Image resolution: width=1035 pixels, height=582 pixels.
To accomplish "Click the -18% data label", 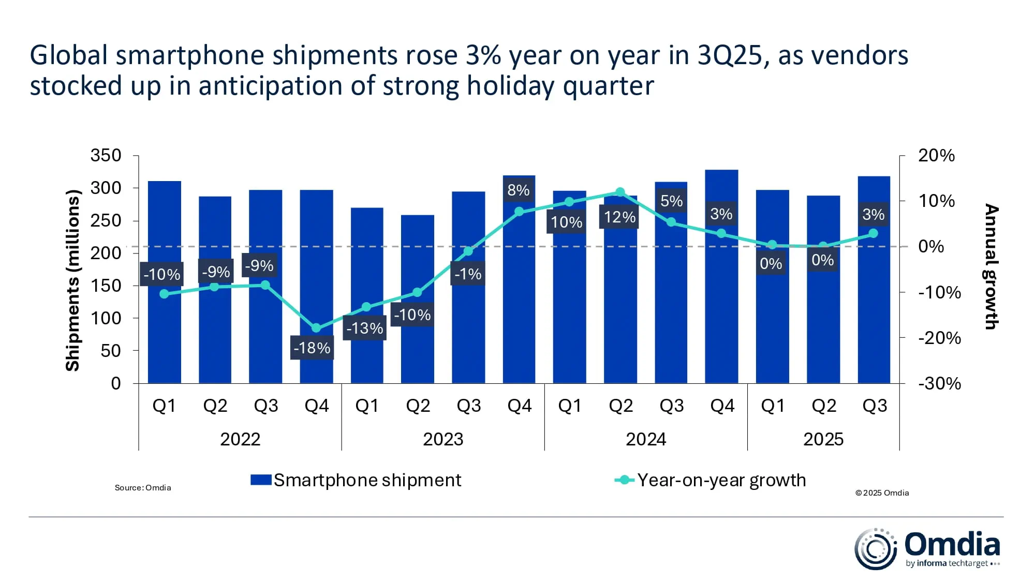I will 312,348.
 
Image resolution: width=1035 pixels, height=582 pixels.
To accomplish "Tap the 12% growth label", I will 619,217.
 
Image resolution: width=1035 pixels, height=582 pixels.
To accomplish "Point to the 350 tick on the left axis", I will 106,155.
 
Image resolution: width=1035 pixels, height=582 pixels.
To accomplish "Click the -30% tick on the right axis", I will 939,383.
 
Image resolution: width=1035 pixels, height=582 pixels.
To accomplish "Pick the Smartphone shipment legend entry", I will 356,480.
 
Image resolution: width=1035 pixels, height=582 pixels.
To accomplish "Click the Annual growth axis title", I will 991,266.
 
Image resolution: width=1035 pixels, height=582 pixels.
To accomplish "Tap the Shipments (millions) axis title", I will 73,280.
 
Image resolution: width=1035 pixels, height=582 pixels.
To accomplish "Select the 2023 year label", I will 443,439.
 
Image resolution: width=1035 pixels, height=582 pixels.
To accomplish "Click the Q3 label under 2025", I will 874,406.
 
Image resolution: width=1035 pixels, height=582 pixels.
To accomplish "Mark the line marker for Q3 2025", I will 873,233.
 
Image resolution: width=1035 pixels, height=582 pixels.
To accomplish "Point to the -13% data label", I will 365,328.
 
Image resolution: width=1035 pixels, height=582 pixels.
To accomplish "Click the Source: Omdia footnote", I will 143,487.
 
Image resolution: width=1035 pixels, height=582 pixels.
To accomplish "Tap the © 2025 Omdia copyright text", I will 882,493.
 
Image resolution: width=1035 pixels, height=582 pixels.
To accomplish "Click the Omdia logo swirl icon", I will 875,549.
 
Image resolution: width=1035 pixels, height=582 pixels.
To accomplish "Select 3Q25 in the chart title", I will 730,55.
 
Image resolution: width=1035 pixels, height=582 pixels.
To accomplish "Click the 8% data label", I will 519,190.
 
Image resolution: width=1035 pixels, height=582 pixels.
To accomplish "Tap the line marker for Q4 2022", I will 316,328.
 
